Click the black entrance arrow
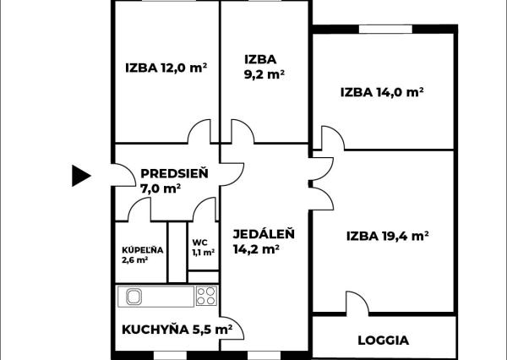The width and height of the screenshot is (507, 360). coord(80,175)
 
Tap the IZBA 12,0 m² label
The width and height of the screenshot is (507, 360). coord(166,69)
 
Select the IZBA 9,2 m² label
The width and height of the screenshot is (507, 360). coord(263,67)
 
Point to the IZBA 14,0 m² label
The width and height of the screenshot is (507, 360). coord(381,92)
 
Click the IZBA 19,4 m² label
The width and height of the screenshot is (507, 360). coord(388,236)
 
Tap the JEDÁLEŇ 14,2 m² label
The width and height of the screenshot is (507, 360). coord(258,241)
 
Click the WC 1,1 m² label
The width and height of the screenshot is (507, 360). coord(202,247)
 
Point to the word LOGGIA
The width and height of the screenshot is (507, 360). coord(383,341)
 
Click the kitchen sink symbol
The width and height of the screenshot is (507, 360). coord(134,296)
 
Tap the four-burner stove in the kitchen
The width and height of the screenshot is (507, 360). coord(205,296)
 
